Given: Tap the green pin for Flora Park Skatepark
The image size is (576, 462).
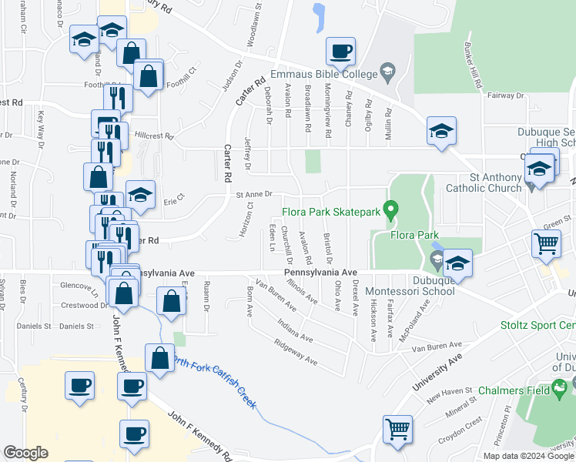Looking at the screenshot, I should pyautogui.click(x=391, y=209).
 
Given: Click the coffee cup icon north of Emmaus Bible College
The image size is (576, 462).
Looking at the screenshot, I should pyautogui.click(x=340, y=52).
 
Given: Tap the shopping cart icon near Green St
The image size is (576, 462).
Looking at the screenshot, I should pyautogui.click(x=546, y=243).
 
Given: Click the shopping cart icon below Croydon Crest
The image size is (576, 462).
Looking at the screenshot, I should pyautogui.click(x=397, y=429).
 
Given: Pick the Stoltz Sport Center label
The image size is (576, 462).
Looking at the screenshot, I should pyautogui.click(x=537, y=326).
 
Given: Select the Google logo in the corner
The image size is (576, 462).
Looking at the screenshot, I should pyautogui.click(x=25, y=452).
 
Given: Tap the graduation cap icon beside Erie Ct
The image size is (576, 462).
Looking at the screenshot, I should pyautogui.click(x=141, y=196).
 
